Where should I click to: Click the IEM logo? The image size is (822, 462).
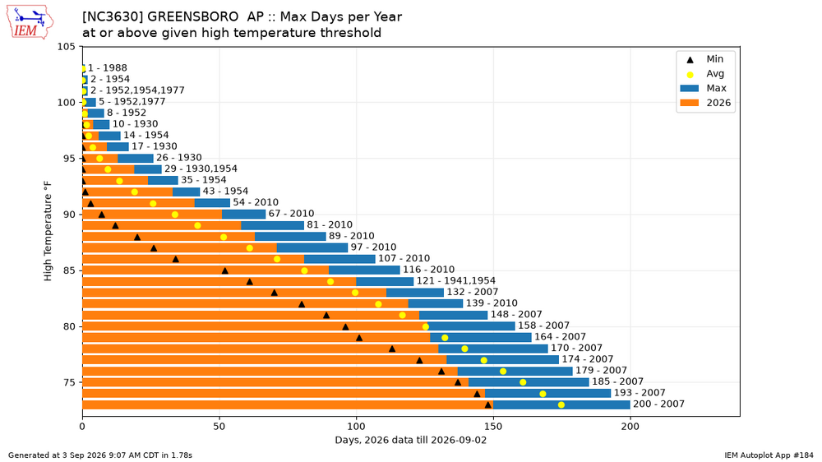[30, 22]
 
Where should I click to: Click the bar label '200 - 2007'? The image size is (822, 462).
[658, 404]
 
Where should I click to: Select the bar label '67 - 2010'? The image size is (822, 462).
[291, 214]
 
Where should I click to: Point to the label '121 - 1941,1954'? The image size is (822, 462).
[455, 280]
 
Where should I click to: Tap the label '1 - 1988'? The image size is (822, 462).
[107, 67]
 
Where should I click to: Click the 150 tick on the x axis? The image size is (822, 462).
[493, 427]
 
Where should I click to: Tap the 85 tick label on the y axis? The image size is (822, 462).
[69, 270]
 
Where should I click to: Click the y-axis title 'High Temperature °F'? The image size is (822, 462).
[48, 231]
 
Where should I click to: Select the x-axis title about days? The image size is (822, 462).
[410, 440]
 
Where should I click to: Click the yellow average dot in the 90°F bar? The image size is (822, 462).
[175, 215]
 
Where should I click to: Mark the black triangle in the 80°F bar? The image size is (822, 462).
[345, 326]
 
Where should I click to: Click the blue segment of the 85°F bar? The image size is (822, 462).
[364, 270]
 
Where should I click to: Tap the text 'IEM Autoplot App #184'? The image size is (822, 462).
[769, 455]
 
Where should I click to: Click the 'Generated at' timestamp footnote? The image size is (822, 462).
[100, 455]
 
